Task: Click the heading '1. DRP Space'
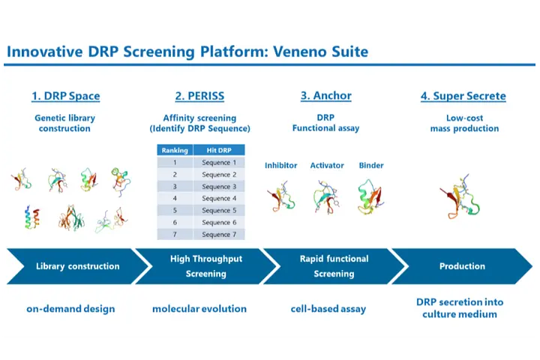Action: [x=66, y=96]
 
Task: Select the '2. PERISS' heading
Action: [x=199, y=96]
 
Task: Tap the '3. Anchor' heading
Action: [x=326, y=95]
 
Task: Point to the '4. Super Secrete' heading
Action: [x=463, y=96]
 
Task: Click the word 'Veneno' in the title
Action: [x=299, y=52]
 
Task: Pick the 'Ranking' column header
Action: [x=175, y=150]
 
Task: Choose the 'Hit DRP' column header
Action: [x=219, y=150]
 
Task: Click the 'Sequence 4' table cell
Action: [x=219, y=199]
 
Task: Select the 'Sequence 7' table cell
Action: [x=219, y=234]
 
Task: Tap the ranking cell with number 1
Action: [x=175, y=162]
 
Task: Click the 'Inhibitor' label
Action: [x=280, y=165]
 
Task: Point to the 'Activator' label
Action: [x=327, y=165]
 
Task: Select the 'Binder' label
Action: [x=371, y=165]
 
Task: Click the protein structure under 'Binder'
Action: [x=370, y=197]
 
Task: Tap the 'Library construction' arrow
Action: [x=78, y=266]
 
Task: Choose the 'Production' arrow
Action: [x=462, y=266]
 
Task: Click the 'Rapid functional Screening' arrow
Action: [x=334, y=266]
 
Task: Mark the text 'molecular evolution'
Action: [x=199, y=309]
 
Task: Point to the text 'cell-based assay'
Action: [x=328, y=309]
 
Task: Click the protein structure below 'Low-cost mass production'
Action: [x=460, y=197]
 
